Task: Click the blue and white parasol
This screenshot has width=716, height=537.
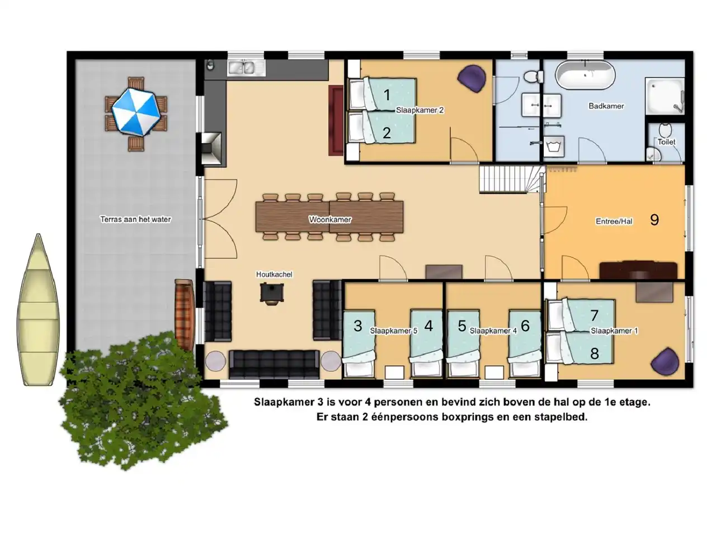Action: pos(136,112)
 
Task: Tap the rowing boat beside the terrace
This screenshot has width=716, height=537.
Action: pos(38,310)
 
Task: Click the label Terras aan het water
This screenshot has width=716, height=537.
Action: pos(135,219)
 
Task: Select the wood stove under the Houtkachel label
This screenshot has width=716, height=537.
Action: pos(272,293)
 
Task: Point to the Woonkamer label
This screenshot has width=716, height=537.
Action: pos(330,219)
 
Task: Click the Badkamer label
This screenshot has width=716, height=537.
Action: pos(606,106)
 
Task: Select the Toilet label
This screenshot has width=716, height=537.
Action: pos(666,142)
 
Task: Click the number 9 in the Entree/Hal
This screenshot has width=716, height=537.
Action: pos(654,220)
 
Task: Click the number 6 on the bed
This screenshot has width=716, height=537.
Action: pos(525,326)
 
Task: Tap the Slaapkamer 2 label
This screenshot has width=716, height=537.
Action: pos(420,110)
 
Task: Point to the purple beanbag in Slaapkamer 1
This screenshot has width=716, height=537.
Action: pos(665,361)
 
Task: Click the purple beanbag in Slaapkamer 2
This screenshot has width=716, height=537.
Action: pos(472,78)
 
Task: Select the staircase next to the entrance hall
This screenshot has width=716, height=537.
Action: pos(511,180)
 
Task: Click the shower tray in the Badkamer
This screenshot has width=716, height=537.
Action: pos(665,96)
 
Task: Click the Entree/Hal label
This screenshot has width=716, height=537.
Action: pos(614,222)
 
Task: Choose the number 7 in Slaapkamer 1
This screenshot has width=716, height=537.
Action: pos(594,315)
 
